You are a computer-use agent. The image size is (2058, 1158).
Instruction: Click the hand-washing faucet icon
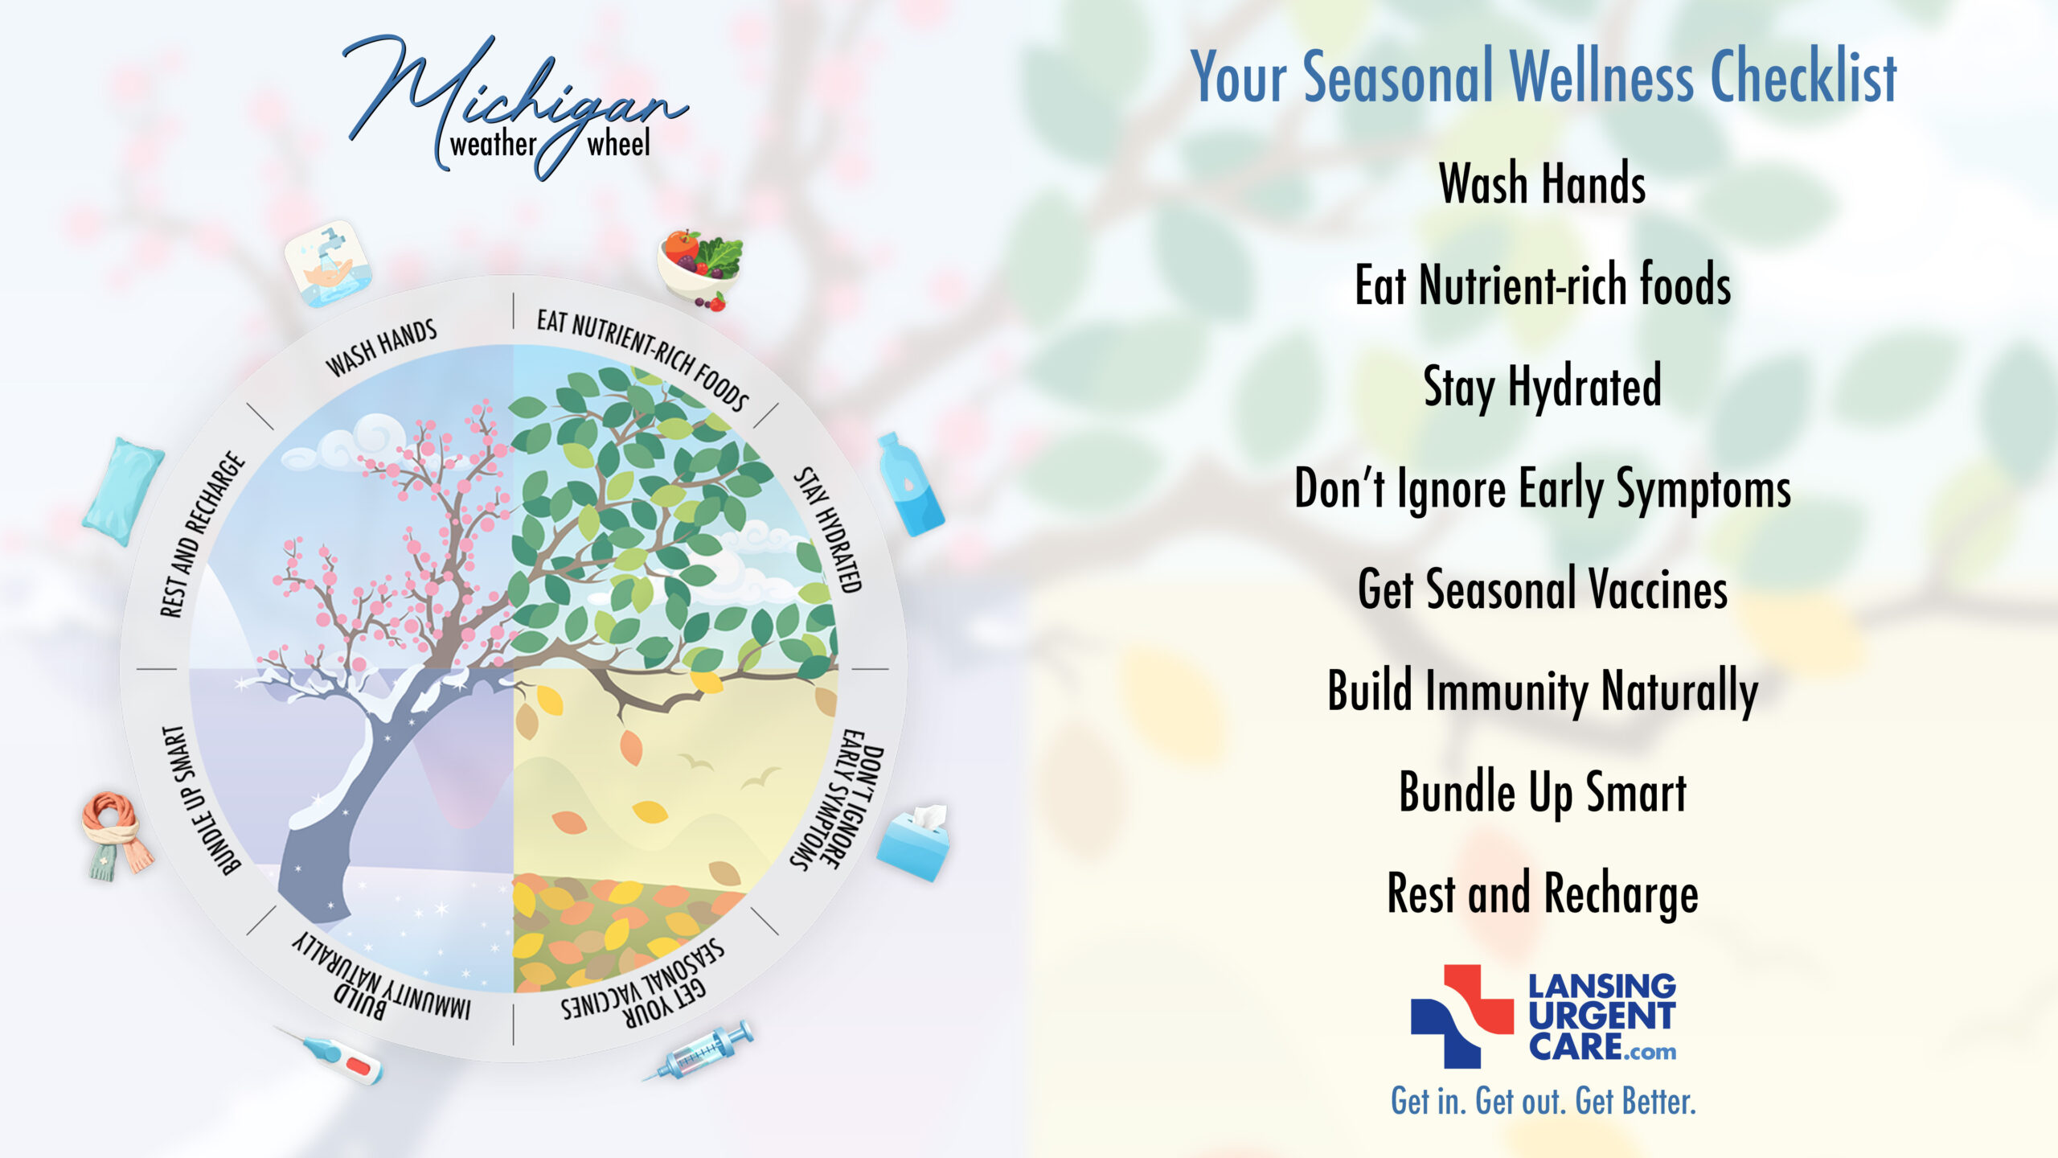(328, 264)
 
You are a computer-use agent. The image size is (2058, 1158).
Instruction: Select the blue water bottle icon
(910, 484)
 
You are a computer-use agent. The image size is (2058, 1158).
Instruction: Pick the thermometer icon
(330, 1055)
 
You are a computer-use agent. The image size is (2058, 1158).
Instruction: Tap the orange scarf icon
(116, 835)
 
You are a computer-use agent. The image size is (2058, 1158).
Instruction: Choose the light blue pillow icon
(123, 491)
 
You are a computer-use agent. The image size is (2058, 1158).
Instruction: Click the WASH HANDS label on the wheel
(381, 347)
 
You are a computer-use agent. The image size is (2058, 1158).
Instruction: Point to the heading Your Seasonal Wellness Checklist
(1543, 76)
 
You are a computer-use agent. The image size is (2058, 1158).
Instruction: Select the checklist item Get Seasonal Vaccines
(1543, 589)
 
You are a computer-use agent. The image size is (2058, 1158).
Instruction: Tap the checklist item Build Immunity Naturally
(1543, 692)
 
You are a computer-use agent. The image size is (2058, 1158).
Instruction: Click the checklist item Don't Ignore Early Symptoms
(1543, 488)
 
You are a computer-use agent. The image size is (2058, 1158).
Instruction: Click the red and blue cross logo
(1462, 1016)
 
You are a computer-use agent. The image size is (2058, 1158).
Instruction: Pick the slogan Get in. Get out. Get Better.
(1543, 1101)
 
